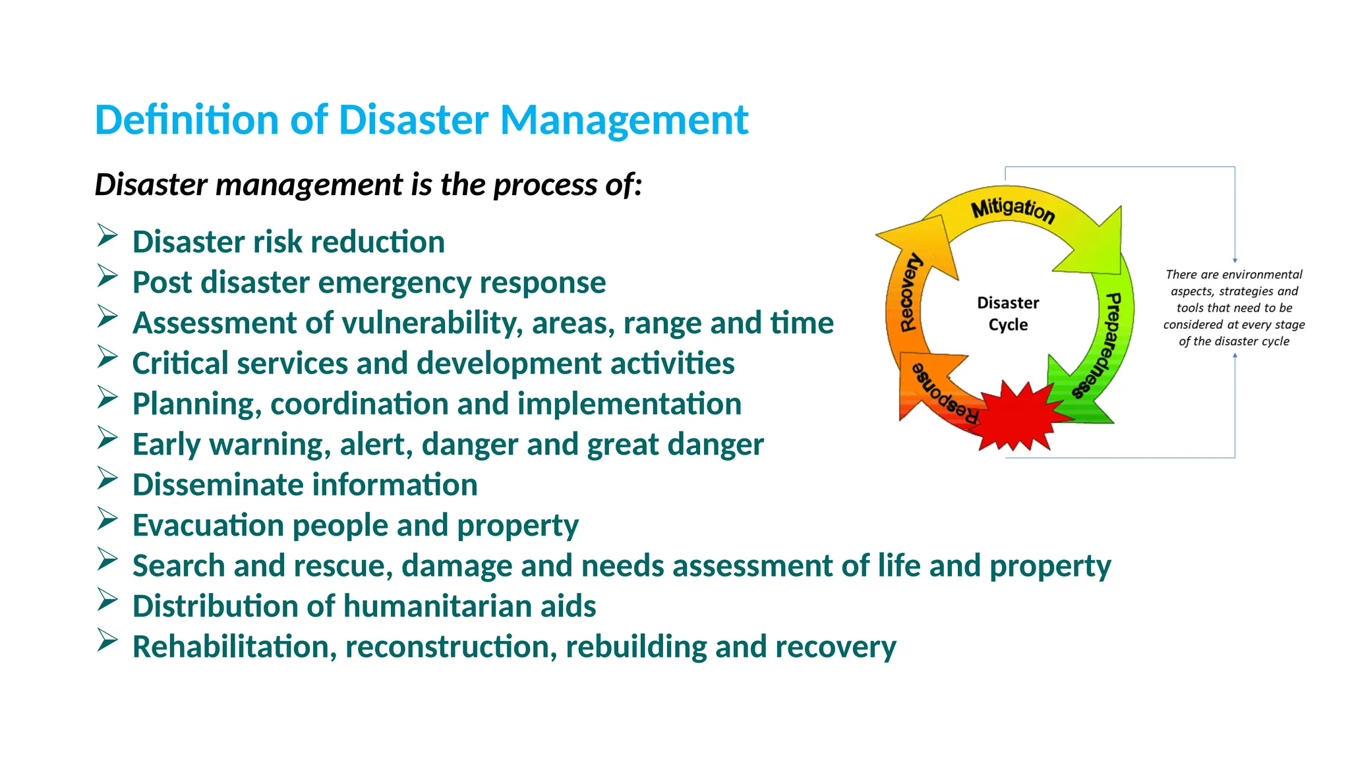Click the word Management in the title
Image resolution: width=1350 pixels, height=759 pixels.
[x=624, y=121]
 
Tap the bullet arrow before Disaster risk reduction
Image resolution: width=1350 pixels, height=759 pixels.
[x=107, y=235]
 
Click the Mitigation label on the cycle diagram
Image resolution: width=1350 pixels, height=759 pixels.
[x=1013, y=210]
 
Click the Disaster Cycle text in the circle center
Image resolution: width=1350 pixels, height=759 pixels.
[x=1008, y=314]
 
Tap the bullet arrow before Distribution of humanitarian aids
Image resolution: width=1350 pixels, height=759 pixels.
[x=107, y=600]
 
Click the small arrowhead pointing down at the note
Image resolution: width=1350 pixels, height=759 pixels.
[x=1235, y=260]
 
